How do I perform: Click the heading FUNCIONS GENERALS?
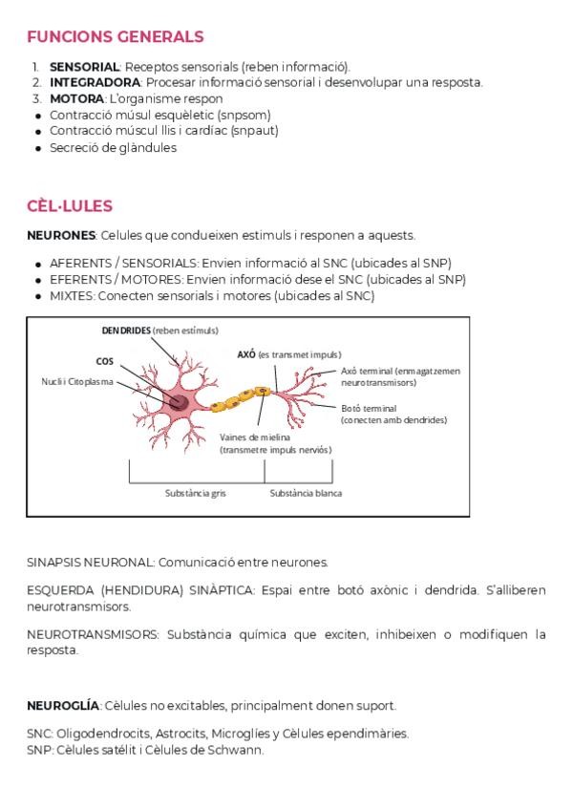(115, 37)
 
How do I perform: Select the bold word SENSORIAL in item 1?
(84, 67)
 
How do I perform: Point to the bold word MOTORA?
(76, 98)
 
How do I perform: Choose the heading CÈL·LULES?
(70, 206)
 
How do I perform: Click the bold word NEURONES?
(61, 235)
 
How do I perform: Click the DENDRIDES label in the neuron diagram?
(126, 330)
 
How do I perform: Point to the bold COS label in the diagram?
(105, 361)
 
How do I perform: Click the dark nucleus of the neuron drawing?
(178, 402)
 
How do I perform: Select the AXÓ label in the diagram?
(246, 354)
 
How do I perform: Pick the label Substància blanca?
(306, 494)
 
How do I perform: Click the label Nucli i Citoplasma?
(76, 381)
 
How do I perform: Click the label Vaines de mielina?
(255, 437)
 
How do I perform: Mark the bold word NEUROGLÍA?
(63, 706)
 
